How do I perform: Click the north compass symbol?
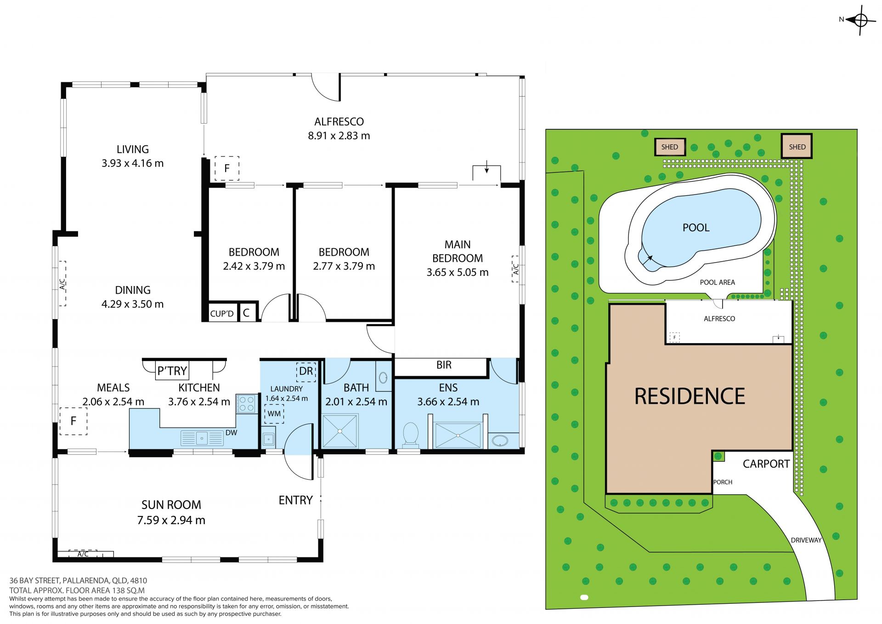tap(860, 20)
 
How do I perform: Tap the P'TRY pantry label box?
tap(172, 370)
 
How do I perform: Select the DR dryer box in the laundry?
tap(306, 371)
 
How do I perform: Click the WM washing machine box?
tap(274, 413)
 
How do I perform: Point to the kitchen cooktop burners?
tap(247, 404)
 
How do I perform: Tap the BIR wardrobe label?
tap(444, 365)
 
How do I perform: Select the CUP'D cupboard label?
tap(222, 314)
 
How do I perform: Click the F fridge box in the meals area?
tap(73, 421)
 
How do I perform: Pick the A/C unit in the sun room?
tap(83, 554)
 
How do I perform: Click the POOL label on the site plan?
tap(696, 228)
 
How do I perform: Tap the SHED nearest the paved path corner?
tap(797, 147)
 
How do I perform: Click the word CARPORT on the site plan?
tap(766, 464)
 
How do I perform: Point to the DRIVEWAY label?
tap(806, 540)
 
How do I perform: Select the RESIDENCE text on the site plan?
tap(690, 396)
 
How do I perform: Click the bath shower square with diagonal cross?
tap(340, 431)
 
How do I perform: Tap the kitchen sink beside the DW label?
tap(202, 438)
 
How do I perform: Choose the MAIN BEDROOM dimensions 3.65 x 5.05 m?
tap(458, 272)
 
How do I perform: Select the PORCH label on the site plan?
tap(723, 482)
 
